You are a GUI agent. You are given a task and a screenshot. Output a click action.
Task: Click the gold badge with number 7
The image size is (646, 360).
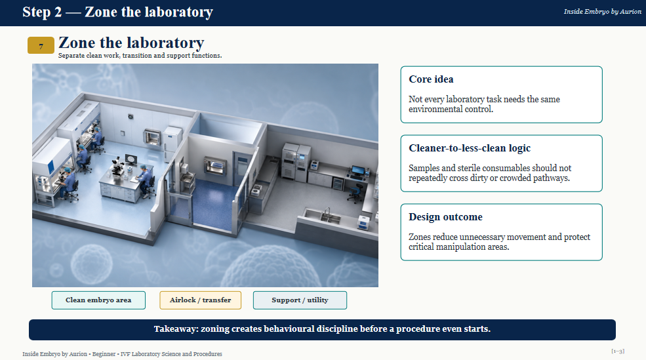pyautogui.click(x=41, y=45)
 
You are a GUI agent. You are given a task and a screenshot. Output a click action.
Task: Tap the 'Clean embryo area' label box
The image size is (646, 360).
pyautogui.click(x=98, y=300)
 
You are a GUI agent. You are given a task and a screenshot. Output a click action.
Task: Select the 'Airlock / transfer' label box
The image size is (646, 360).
pyautogui.click(x=200, y=300)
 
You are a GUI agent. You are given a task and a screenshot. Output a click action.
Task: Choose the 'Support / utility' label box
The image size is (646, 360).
pyautogui.click(x=300, y=300)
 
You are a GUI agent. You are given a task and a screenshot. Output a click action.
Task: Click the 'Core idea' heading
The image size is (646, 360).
pyautogui.click(x=431, y=79)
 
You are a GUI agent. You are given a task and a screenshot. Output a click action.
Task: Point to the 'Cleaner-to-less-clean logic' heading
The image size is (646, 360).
pyautogui.click(x=470, y=148)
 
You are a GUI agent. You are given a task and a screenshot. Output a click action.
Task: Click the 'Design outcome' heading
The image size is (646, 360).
pyautogui.click(x=445, y=216)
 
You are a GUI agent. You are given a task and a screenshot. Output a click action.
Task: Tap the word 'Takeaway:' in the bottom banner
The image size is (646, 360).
pyautogui.click(x=176, y=329)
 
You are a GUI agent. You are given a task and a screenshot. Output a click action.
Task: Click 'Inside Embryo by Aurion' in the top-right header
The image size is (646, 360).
pyautogui.click(x=602, y=12)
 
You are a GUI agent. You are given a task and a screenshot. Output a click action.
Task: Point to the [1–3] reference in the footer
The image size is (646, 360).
pyautogui.click(x=618, y=351)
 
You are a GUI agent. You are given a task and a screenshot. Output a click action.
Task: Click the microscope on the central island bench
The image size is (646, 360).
pyautogui.click(x=119, y=166)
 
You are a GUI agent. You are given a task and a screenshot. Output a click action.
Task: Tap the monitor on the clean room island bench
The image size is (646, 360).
pyautogui.click(x=131, y=159)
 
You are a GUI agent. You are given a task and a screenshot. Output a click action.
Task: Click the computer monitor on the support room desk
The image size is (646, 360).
pyautogui.click(x=357, y=170)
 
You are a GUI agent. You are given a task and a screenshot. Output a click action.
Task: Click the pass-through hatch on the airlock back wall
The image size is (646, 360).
pyautogui.click(x=214, y=165)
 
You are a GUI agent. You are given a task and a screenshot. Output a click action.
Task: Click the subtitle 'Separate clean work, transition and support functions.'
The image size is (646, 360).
pyautogui.click(x=140, y=56)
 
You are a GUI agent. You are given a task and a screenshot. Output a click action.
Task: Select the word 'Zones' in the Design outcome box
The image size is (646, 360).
pyautogui.click(x=419, y=237)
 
